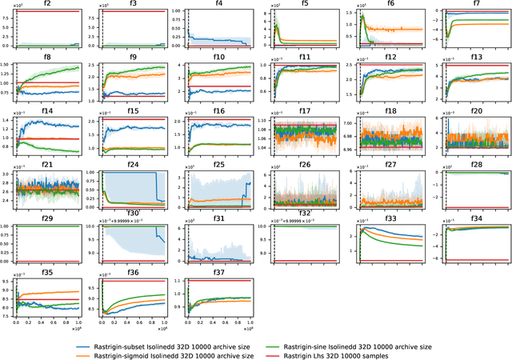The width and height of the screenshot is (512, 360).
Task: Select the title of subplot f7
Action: click(476, 4)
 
